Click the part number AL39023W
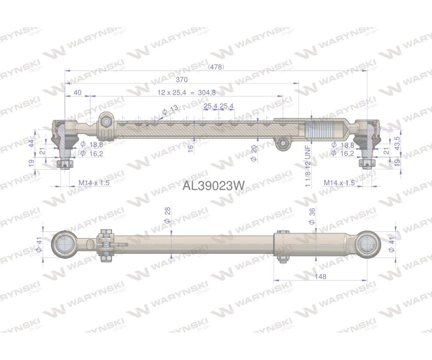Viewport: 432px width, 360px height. (213, 186)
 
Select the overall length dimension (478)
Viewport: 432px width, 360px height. (216, 67)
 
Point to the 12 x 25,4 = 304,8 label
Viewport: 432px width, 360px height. (186, 93)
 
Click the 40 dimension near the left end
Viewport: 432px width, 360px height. (77, 93)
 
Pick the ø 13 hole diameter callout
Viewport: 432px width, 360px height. (170, 109)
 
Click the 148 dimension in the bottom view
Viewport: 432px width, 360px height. (320, 276)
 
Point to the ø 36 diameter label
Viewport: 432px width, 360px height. (312, 217)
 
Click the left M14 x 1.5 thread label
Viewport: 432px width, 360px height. (94, 183)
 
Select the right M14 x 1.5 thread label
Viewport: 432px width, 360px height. (339, 183)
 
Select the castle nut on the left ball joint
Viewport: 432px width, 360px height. (64, 165)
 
